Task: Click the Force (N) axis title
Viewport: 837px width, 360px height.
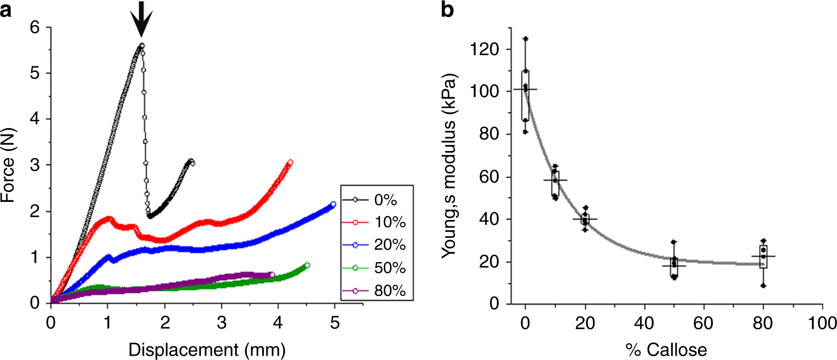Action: pos(9,164)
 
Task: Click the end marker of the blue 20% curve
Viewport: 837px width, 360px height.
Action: pos(333,205)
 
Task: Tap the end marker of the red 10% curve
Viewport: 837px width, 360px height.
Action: pos(290,162)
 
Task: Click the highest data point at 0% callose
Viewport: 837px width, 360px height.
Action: pos(526,39)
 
